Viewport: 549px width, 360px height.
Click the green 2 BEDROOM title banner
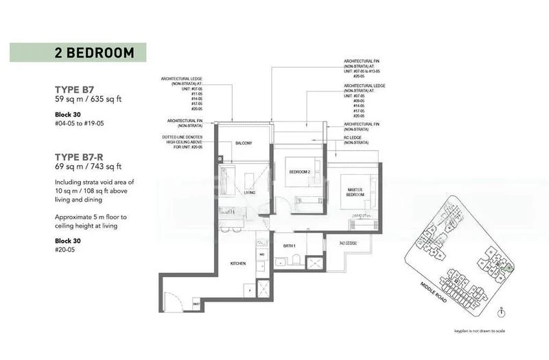[78, 53]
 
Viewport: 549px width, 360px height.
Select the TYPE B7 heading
[75, 89]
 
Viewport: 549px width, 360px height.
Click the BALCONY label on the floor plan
[244, 143]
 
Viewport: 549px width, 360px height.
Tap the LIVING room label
[249, 193]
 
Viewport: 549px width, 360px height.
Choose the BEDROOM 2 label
[300, 171]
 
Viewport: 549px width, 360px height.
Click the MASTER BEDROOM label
[354, 193]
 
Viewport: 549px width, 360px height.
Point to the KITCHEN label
[237, 263]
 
